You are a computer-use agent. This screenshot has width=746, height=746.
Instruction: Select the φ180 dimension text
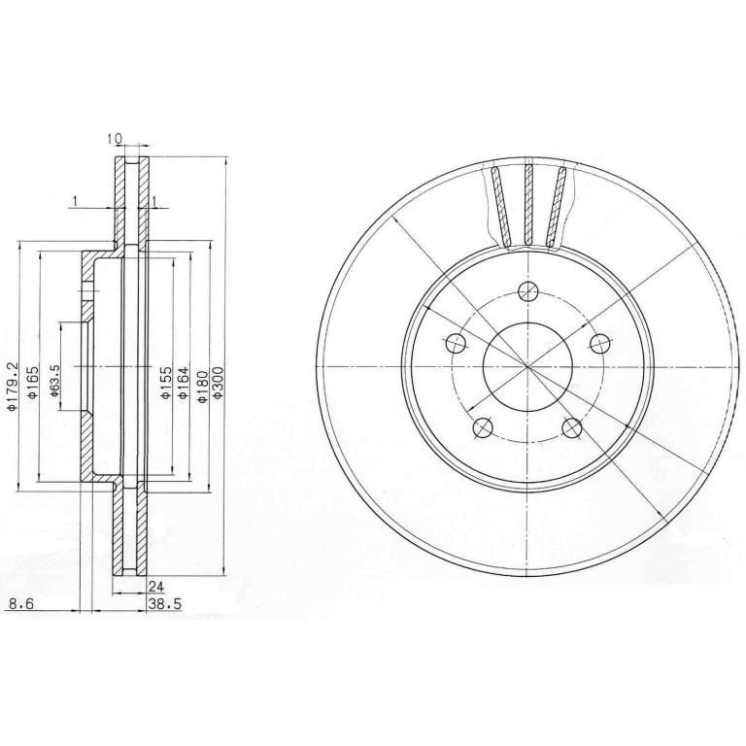[x=202, y=387]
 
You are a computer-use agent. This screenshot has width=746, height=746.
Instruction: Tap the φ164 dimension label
[x=184, y=382]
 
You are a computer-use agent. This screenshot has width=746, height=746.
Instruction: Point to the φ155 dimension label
[x=165, y=382]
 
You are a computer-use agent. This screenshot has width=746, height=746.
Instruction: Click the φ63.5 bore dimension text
[x=54, y=380]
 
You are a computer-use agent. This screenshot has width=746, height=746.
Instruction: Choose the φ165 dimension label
[x=32, y=382]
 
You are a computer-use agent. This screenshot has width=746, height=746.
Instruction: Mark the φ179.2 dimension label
[x=13, y=387]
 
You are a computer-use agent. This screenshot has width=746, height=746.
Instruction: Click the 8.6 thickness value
[x=21, y=604]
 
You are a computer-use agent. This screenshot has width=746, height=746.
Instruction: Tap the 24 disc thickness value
[x=156, y=587]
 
